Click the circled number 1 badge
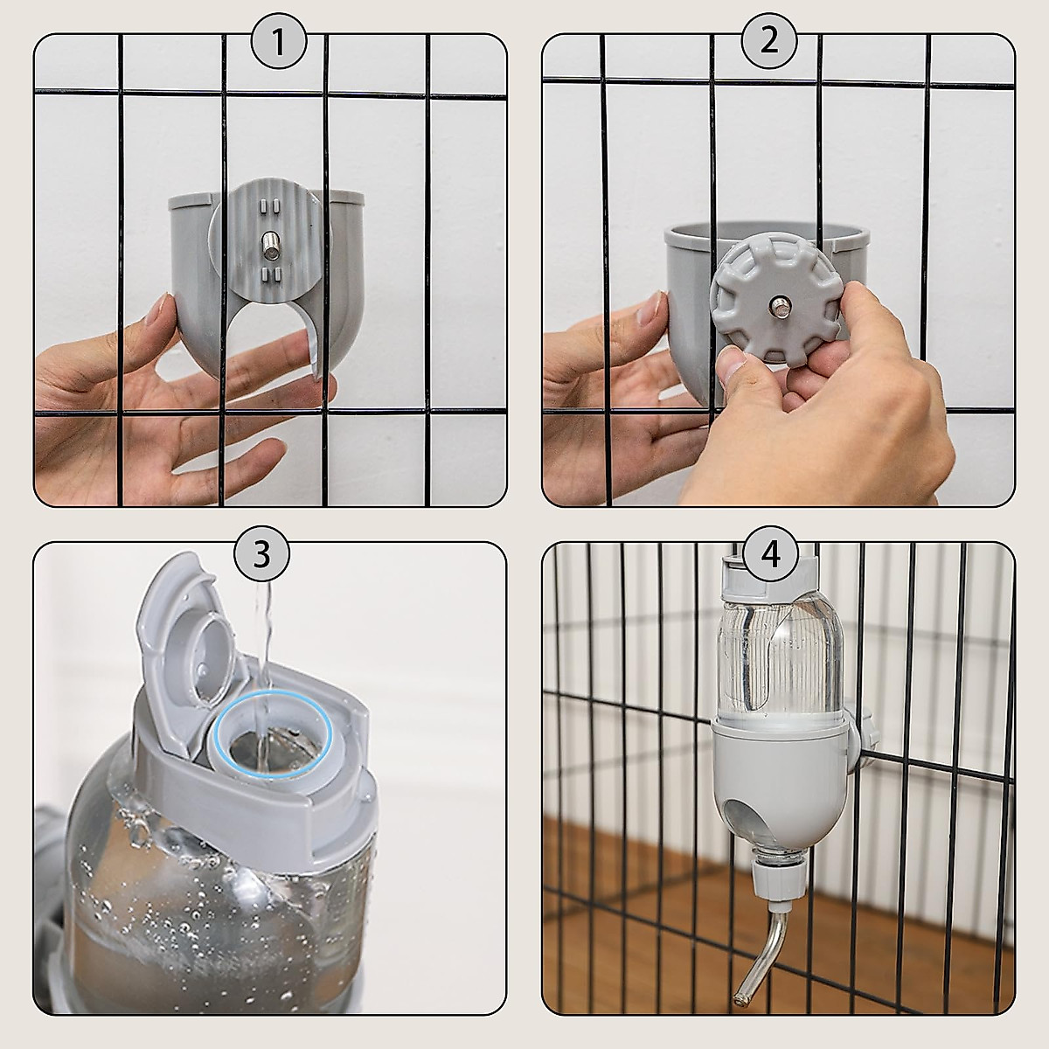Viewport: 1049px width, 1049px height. (279, 40)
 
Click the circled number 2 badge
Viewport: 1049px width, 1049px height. (769, 40)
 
